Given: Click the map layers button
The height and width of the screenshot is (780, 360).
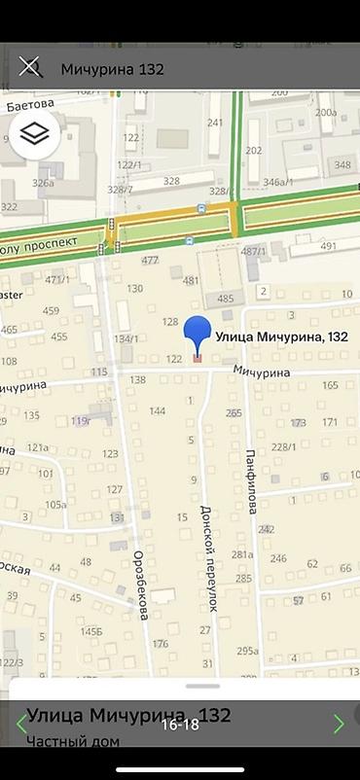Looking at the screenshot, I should [x=35, y=135].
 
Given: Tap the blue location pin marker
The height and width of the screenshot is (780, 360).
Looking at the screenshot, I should [x=198, y=337].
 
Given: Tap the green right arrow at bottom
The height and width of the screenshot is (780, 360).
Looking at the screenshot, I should [x=339, y=724].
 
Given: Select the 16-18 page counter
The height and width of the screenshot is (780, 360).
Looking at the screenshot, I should [x=180, y=725].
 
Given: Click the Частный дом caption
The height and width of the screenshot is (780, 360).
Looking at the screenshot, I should [x=73, y=742].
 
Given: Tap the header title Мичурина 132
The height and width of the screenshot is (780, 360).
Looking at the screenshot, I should [x=112, y=69].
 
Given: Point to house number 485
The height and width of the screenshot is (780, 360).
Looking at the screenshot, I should [x=226, y=299].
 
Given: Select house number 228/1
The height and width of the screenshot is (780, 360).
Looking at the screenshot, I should [x=283, y=446].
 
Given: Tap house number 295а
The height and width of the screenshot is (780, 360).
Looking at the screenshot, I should [x=247, y=651].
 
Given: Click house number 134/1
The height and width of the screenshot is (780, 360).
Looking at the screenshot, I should [x=126, y=338].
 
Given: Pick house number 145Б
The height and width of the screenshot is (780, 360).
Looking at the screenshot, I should [x=91, y=631].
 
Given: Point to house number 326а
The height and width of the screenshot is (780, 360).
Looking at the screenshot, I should [x=43, y=182].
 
